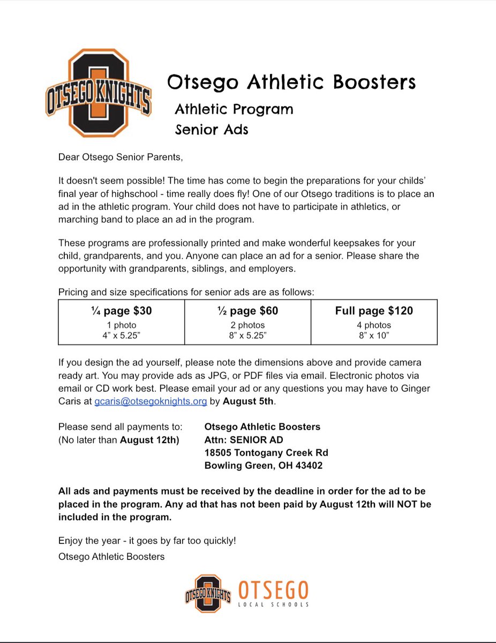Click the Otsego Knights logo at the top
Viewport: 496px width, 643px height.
(99, 93)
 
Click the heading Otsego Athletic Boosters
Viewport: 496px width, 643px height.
(291, 82)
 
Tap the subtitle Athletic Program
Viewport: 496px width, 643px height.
(234, 109)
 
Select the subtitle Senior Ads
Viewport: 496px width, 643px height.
(212, 129)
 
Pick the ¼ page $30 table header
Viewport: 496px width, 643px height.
(121, 311)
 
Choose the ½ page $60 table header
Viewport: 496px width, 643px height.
(247, 311)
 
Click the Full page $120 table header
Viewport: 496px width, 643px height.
(374, 311)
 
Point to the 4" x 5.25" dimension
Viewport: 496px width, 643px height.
(121, 334)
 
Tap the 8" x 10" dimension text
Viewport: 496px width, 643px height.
(374, 334)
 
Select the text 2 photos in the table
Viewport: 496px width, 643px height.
(247, 325)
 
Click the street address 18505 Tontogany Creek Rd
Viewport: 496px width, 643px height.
(266, 453)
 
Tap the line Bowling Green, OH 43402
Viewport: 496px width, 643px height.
(264, 466)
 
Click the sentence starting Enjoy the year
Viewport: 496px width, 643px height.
(147, 541)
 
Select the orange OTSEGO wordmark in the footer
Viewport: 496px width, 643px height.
(273, 590)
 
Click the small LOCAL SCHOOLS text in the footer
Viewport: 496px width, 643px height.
(274, 604)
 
